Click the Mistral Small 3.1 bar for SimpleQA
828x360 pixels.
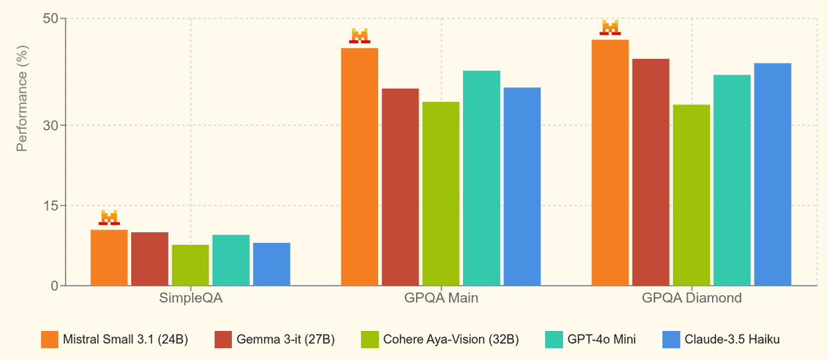(109, 258)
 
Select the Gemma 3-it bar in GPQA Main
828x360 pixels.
(400, 187)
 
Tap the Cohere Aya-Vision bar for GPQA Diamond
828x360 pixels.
(691, 195)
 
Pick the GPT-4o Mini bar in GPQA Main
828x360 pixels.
(482, 178)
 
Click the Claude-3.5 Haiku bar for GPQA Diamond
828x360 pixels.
(773, 174)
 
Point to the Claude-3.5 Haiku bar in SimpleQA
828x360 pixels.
(272, 264)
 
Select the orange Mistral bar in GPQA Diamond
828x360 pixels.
(610, 163)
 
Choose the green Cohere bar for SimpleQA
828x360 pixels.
(190, 266)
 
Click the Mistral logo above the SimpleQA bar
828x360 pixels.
(109, 218)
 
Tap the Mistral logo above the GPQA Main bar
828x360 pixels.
(359, 36)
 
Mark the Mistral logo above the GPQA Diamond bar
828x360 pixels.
(610, 28)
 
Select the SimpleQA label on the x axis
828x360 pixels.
(191, 299)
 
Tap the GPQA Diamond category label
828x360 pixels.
(692, 299)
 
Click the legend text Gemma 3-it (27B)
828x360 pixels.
(285, 339)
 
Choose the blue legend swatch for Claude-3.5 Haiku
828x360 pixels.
(671, 339)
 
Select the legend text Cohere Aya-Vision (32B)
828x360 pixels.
(451, 339)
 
